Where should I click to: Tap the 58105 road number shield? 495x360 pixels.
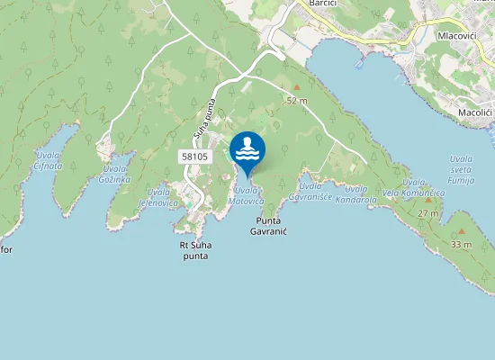click(195, 156)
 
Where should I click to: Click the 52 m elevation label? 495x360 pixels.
click(297, 101)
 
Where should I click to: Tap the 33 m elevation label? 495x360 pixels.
click(461, 245)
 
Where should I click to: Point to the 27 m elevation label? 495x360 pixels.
click(428, 213)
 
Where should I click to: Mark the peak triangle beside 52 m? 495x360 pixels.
click(296, 87)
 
